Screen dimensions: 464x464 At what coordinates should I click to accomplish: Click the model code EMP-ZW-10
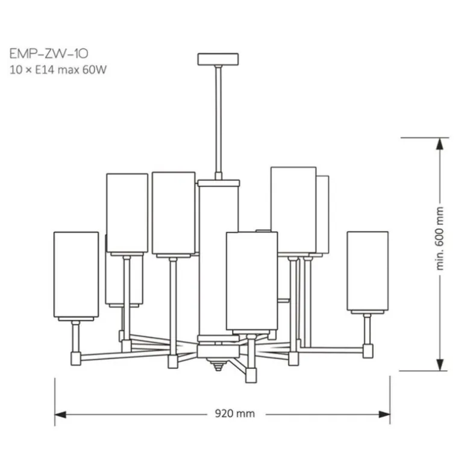click(49, 54)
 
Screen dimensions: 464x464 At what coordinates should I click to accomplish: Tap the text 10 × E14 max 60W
click(58, 70)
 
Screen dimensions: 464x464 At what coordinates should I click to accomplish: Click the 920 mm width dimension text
click(234, 413)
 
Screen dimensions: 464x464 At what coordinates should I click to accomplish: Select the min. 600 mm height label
click(440, 239)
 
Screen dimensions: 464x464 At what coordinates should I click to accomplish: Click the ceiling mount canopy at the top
click(218, 59)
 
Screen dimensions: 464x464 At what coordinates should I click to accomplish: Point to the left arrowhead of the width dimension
click(61, 415)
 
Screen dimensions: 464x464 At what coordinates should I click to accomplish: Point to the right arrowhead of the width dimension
click(384, 415)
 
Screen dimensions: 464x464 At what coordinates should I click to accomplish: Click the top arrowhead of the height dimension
click(440, 143)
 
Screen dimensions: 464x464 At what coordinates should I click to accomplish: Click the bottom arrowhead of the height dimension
click(440, 365)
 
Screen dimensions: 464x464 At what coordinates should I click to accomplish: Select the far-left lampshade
click(77, 275)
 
